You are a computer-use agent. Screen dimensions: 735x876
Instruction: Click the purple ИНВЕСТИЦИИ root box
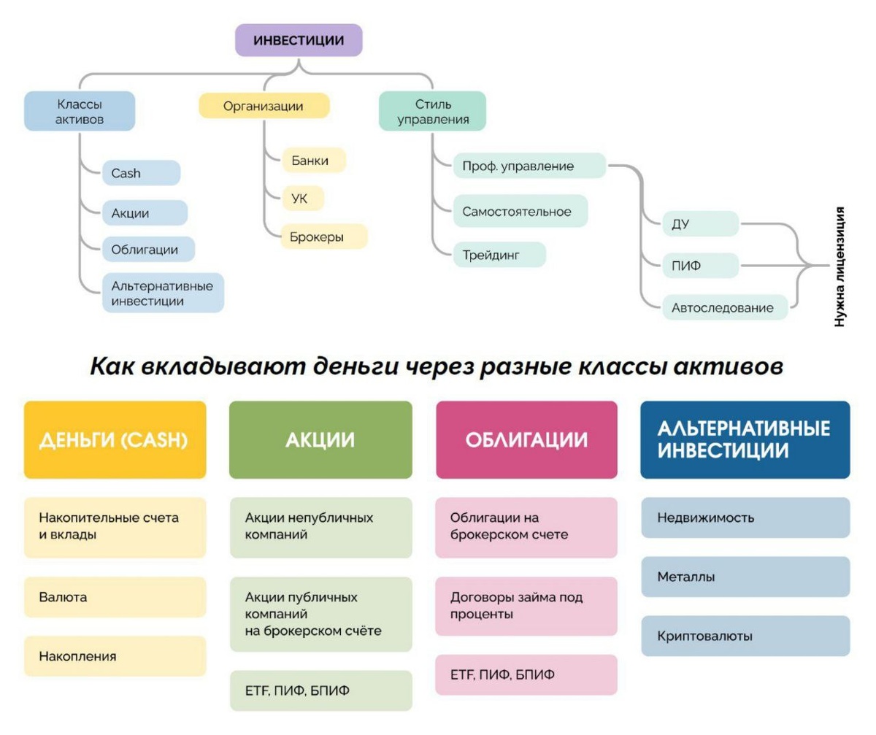pos(299,40)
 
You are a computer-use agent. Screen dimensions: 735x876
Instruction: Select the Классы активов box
pos(80,111)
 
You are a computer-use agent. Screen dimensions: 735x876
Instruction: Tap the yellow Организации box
pos(264,107)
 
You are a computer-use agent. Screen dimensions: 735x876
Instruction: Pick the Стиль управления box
pos(432,111)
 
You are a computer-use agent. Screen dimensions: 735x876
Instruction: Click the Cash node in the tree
pos(141,173)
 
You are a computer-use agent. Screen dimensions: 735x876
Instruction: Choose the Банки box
pos(313,161)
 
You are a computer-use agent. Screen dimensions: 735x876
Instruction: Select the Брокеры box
pos(323,236)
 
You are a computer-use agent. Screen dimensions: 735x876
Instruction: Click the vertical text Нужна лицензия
pos(840,266)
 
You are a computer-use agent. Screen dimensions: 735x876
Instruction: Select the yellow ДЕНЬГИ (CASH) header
pos(115,440)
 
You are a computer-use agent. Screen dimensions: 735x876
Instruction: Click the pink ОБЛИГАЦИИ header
pos(526,440)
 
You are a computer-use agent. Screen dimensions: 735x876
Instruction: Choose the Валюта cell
pos(115,597)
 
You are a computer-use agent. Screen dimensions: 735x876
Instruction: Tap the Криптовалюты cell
pos(745,636)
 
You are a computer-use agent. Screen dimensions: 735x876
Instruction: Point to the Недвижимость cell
pos(745,518)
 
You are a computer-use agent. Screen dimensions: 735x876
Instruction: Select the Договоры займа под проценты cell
pos(526,606)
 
